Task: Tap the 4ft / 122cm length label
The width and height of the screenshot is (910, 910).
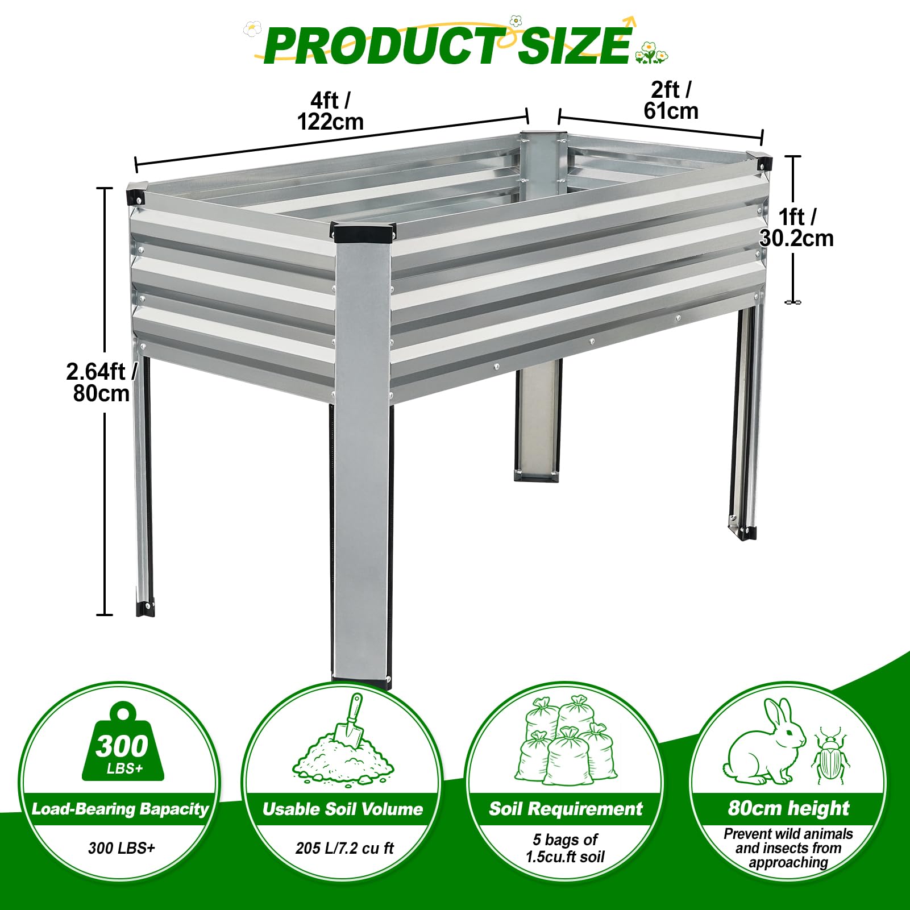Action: tap(330, 111)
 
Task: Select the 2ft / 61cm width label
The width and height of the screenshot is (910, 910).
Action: tap(671, 100)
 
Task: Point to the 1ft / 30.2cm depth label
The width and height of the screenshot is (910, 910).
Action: tap(796, 227)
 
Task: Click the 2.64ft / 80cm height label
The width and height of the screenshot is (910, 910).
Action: tap(101, 382)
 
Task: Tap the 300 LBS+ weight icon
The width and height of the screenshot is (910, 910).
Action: tap(123, 741)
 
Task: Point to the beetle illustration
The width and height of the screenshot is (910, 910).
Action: tap(830, 755)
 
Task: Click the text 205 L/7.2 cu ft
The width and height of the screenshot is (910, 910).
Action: tap(344, 848)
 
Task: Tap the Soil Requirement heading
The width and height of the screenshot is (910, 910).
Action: tap(566, 808)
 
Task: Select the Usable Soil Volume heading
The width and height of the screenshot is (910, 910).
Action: tap(343, 809)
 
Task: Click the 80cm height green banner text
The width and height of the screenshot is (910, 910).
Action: tap(788, 808)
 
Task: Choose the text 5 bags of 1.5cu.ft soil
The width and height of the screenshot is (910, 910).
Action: tap(565, 848)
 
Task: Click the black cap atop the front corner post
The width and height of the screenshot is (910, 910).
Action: tap(364, 232)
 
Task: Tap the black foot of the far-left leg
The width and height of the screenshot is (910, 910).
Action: tap(145, 608)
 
